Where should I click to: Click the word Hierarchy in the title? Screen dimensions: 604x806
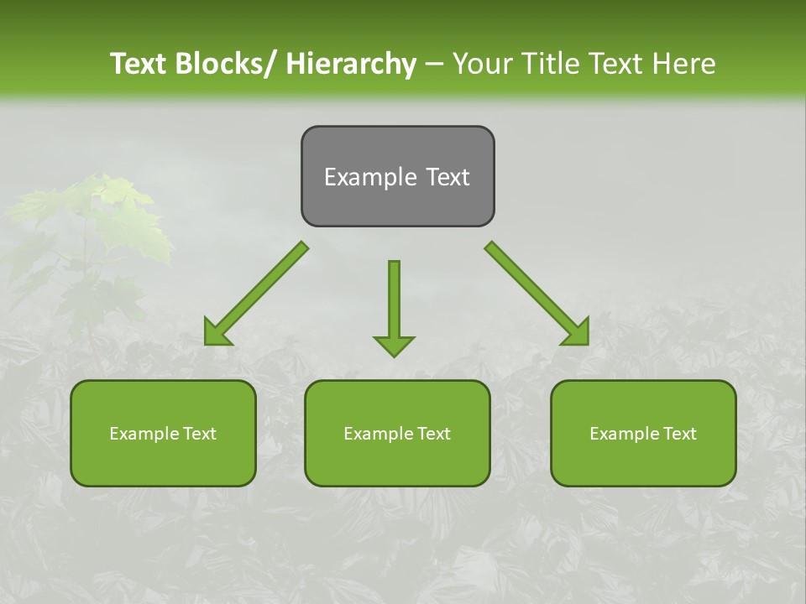[x=351, y=65]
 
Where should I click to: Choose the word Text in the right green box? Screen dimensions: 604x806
[x=678, y=434]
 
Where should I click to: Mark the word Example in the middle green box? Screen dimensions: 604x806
[x=377, y=434]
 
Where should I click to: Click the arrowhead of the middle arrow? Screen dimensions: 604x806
[x=394, y=345]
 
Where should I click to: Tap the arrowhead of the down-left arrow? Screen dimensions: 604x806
[x=217, y=333]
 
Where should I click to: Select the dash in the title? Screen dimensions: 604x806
[x=434, y=65]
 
